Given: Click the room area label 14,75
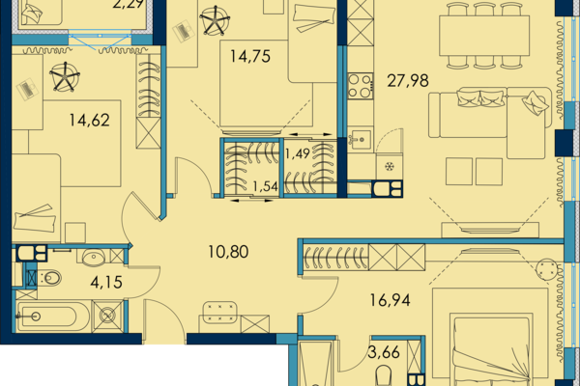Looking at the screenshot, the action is click(250, 57).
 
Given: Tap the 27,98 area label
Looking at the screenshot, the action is click(408, 80).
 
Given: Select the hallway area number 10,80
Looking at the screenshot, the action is click(228, 252).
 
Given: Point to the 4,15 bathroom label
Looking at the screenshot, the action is click(106, 283).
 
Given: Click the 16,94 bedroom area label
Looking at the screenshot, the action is click(390, 300).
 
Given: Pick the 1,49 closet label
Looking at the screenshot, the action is click(298, 153).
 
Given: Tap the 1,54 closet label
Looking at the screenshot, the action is click(265, 186).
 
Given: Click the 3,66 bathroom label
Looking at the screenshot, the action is click(384, 352).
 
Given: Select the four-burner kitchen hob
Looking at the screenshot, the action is click(360, 86).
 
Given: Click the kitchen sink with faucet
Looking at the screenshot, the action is click(360, 139).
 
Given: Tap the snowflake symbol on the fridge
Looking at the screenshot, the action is click(390, 167).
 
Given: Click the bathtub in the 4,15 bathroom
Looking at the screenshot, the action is click(52, 317).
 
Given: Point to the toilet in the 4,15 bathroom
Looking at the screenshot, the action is click(50, 278).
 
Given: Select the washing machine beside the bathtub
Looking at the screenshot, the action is click(107, 317).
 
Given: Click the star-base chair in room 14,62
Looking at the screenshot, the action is click(65, 76).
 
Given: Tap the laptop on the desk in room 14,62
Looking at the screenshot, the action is click(27, 90).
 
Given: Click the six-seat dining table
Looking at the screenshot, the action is click(484, 36).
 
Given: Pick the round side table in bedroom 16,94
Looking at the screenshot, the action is click(546, 268).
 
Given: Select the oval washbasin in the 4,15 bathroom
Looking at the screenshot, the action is click(94, 257).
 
